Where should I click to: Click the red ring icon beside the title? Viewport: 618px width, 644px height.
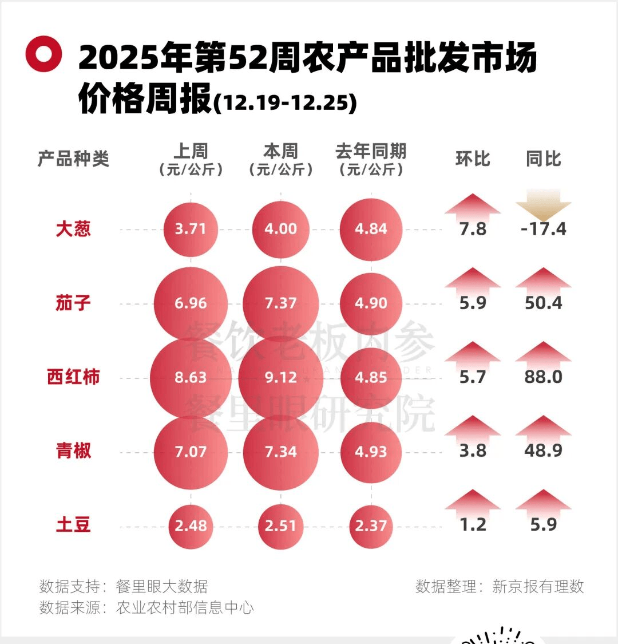(x=43, y=54)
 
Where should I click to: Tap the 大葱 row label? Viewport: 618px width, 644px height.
(x=73, y=229)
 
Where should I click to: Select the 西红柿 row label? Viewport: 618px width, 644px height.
(x=73, y=377)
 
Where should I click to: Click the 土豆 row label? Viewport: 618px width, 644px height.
(x=73, y=525)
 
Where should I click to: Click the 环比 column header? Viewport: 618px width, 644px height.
(x=473, y=159)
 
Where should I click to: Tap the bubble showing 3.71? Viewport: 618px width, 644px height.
(x=191, y=229)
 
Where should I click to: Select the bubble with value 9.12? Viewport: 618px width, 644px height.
(x=280, y=378)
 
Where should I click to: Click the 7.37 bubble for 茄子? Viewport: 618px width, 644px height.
(x=280, y=303)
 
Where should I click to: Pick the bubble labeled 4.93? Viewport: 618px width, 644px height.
(x=371, y=452)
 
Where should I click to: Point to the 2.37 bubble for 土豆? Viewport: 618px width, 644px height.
(x=371, y=526)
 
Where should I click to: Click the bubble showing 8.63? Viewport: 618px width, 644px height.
(x=191, y=378)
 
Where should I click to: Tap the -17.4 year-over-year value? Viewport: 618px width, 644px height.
(x=544, y=229)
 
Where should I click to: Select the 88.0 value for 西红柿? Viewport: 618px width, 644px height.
(x=544, y=377)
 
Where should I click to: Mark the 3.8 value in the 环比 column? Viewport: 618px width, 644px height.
(x=473, y=451)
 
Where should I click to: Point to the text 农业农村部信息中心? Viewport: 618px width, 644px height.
(x=184, y=607)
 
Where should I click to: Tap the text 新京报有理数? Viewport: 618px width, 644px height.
(x=538, y=586)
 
